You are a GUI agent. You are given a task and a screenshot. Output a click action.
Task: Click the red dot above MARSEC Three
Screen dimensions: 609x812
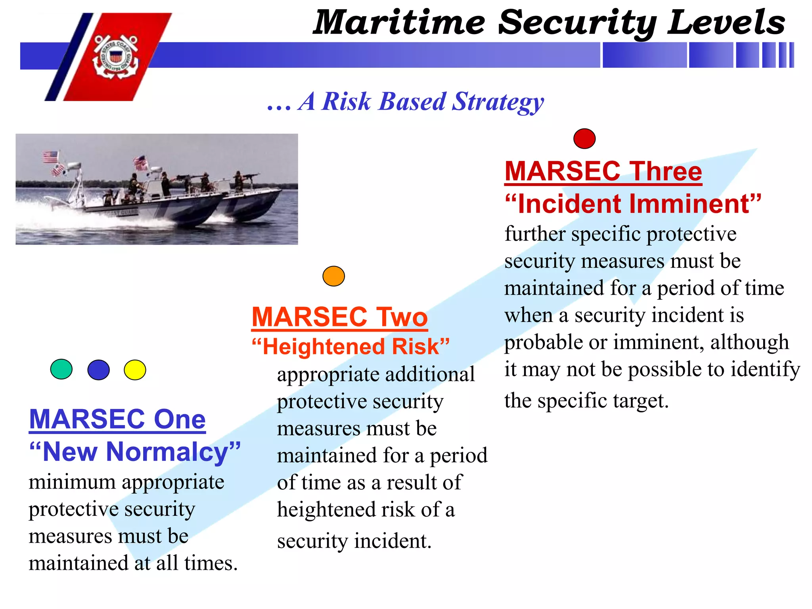tap(584, 139)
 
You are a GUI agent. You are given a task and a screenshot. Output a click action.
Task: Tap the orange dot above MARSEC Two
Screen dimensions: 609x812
tap(333, 276)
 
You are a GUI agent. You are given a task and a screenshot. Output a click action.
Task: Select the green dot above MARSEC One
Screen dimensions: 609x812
tap(61, 370)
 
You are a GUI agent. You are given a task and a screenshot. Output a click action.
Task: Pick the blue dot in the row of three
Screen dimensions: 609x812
tap(98, 370)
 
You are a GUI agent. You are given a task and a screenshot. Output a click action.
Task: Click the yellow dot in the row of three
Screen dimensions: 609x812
tap(135, 370)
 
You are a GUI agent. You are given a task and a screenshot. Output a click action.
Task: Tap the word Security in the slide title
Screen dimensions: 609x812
tap(577, 23)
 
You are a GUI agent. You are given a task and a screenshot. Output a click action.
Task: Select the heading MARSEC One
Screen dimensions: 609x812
tap(117, 419)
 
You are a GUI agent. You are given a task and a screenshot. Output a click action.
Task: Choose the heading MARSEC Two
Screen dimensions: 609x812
tap(340, 317)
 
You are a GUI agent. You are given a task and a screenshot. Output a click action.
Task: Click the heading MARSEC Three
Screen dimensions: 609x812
tap(603, 171)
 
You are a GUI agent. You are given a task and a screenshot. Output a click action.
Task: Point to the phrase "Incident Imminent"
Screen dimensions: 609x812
tap(633, 204)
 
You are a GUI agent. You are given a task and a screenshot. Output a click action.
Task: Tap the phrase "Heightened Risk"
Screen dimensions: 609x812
tap(351, 347)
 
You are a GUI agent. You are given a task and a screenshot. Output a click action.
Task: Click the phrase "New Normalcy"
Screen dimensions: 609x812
tap(135, 452)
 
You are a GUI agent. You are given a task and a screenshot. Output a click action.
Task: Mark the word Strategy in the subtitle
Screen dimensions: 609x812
tap(498, 101)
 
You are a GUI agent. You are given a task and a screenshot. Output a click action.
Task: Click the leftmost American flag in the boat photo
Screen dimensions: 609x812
tap(50, 157)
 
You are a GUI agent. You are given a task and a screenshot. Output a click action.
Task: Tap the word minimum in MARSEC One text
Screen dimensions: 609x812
tap(72, 483)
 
